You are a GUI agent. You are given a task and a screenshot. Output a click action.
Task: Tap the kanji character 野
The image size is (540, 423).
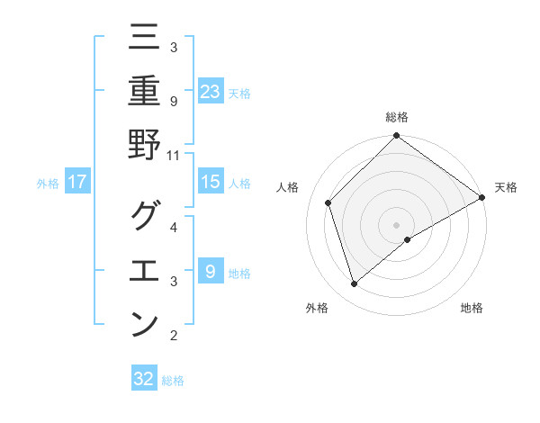[144, 144]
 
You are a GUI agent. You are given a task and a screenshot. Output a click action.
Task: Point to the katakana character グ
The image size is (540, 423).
[144, 216]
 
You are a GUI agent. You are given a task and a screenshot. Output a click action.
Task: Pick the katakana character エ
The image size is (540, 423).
[144, 270]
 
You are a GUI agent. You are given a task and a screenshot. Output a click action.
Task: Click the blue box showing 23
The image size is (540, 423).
[210, 91]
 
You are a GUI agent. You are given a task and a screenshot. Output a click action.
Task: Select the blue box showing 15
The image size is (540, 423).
[210, 182]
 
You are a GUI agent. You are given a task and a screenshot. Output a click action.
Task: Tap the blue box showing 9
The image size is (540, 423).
[210, 272]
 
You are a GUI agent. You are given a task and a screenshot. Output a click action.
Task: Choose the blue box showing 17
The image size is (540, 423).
[76, 182]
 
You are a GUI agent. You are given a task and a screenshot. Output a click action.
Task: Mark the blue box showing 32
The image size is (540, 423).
[143, 379]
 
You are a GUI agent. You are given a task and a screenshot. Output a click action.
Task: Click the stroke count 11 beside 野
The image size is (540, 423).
[174, 155]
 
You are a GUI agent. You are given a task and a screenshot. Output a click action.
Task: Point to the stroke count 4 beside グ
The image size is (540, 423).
[174, 227]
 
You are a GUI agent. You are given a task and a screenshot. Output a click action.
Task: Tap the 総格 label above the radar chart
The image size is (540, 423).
[396, 117]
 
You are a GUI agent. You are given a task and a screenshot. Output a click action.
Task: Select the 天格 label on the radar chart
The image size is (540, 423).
[506, 187]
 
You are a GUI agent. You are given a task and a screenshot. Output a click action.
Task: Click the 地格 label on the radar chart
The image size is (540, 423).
[472, 309]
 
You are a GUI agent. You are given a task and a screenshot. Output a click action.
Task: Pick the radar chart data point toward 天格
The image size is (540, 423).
[481, 197]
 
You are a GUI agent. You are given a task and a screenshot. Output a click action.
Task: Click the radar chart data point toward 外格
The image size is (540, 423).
[355, 284]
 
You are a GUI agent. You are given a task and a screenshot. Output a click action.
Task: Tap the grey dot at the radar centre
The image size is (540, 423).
[396, 224]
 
